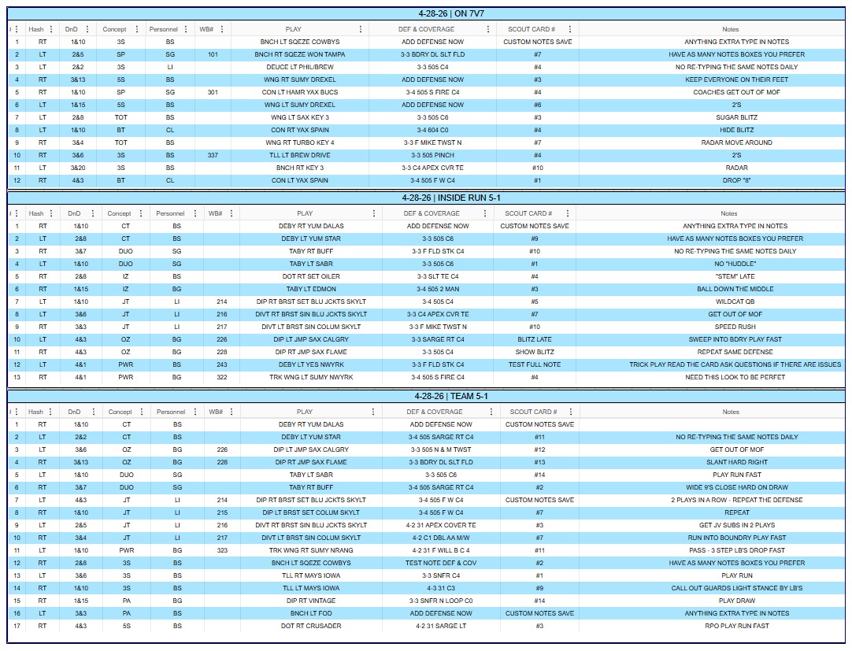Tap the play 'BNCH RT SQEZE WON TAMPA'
[x=300, y=54]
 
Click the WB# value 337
[x=213, y=155]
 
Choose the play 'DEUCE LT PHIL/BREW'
[x=300, y=67]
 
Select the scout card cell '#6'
[x=537, y=105]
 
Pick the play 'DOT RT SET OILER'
[x=311, y=276]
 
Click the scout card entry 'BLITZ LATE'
[x=535, y=339]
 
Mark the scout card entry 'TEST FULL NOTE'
[x=535, y=364]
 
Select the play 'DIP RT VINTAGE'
[x=311, y=601]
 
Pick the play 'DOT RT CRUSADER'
[x=311, y=626]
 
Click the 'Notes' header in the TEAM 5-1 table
[x=731, y=412]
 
